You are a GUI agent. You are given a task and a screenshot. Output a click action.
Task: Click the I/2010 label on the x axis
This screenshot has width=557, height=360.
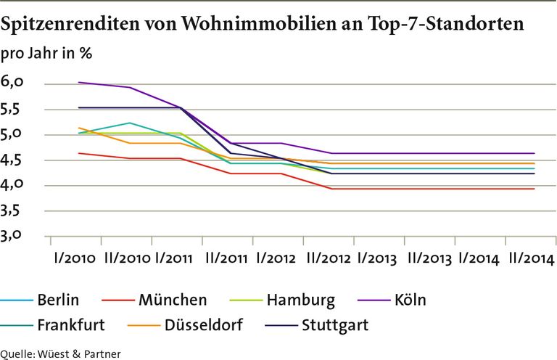click(76, 259)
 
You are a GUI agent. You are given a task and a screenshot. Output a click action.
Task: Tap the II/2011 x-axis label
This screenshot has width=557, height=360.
click(226, 259)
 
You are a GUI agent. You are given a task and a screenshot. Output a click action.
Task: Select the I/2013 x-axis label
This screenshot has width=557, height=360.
click(376, 259)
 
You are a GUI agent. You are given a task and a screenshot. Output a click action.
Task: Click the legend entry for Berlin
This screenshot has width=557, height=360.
click(58, 300)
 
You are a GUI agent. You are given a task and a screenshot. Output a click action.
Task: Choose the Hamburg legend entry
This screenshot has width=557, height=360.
click(300, 300)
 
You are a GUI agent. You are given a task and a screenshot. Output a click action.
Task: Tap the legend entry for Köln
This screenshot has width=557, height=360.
click(411, 300)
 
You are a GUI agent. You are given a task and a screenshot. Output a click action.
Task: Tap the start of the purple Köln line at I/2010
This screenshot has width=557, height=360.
click(78, 82)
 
